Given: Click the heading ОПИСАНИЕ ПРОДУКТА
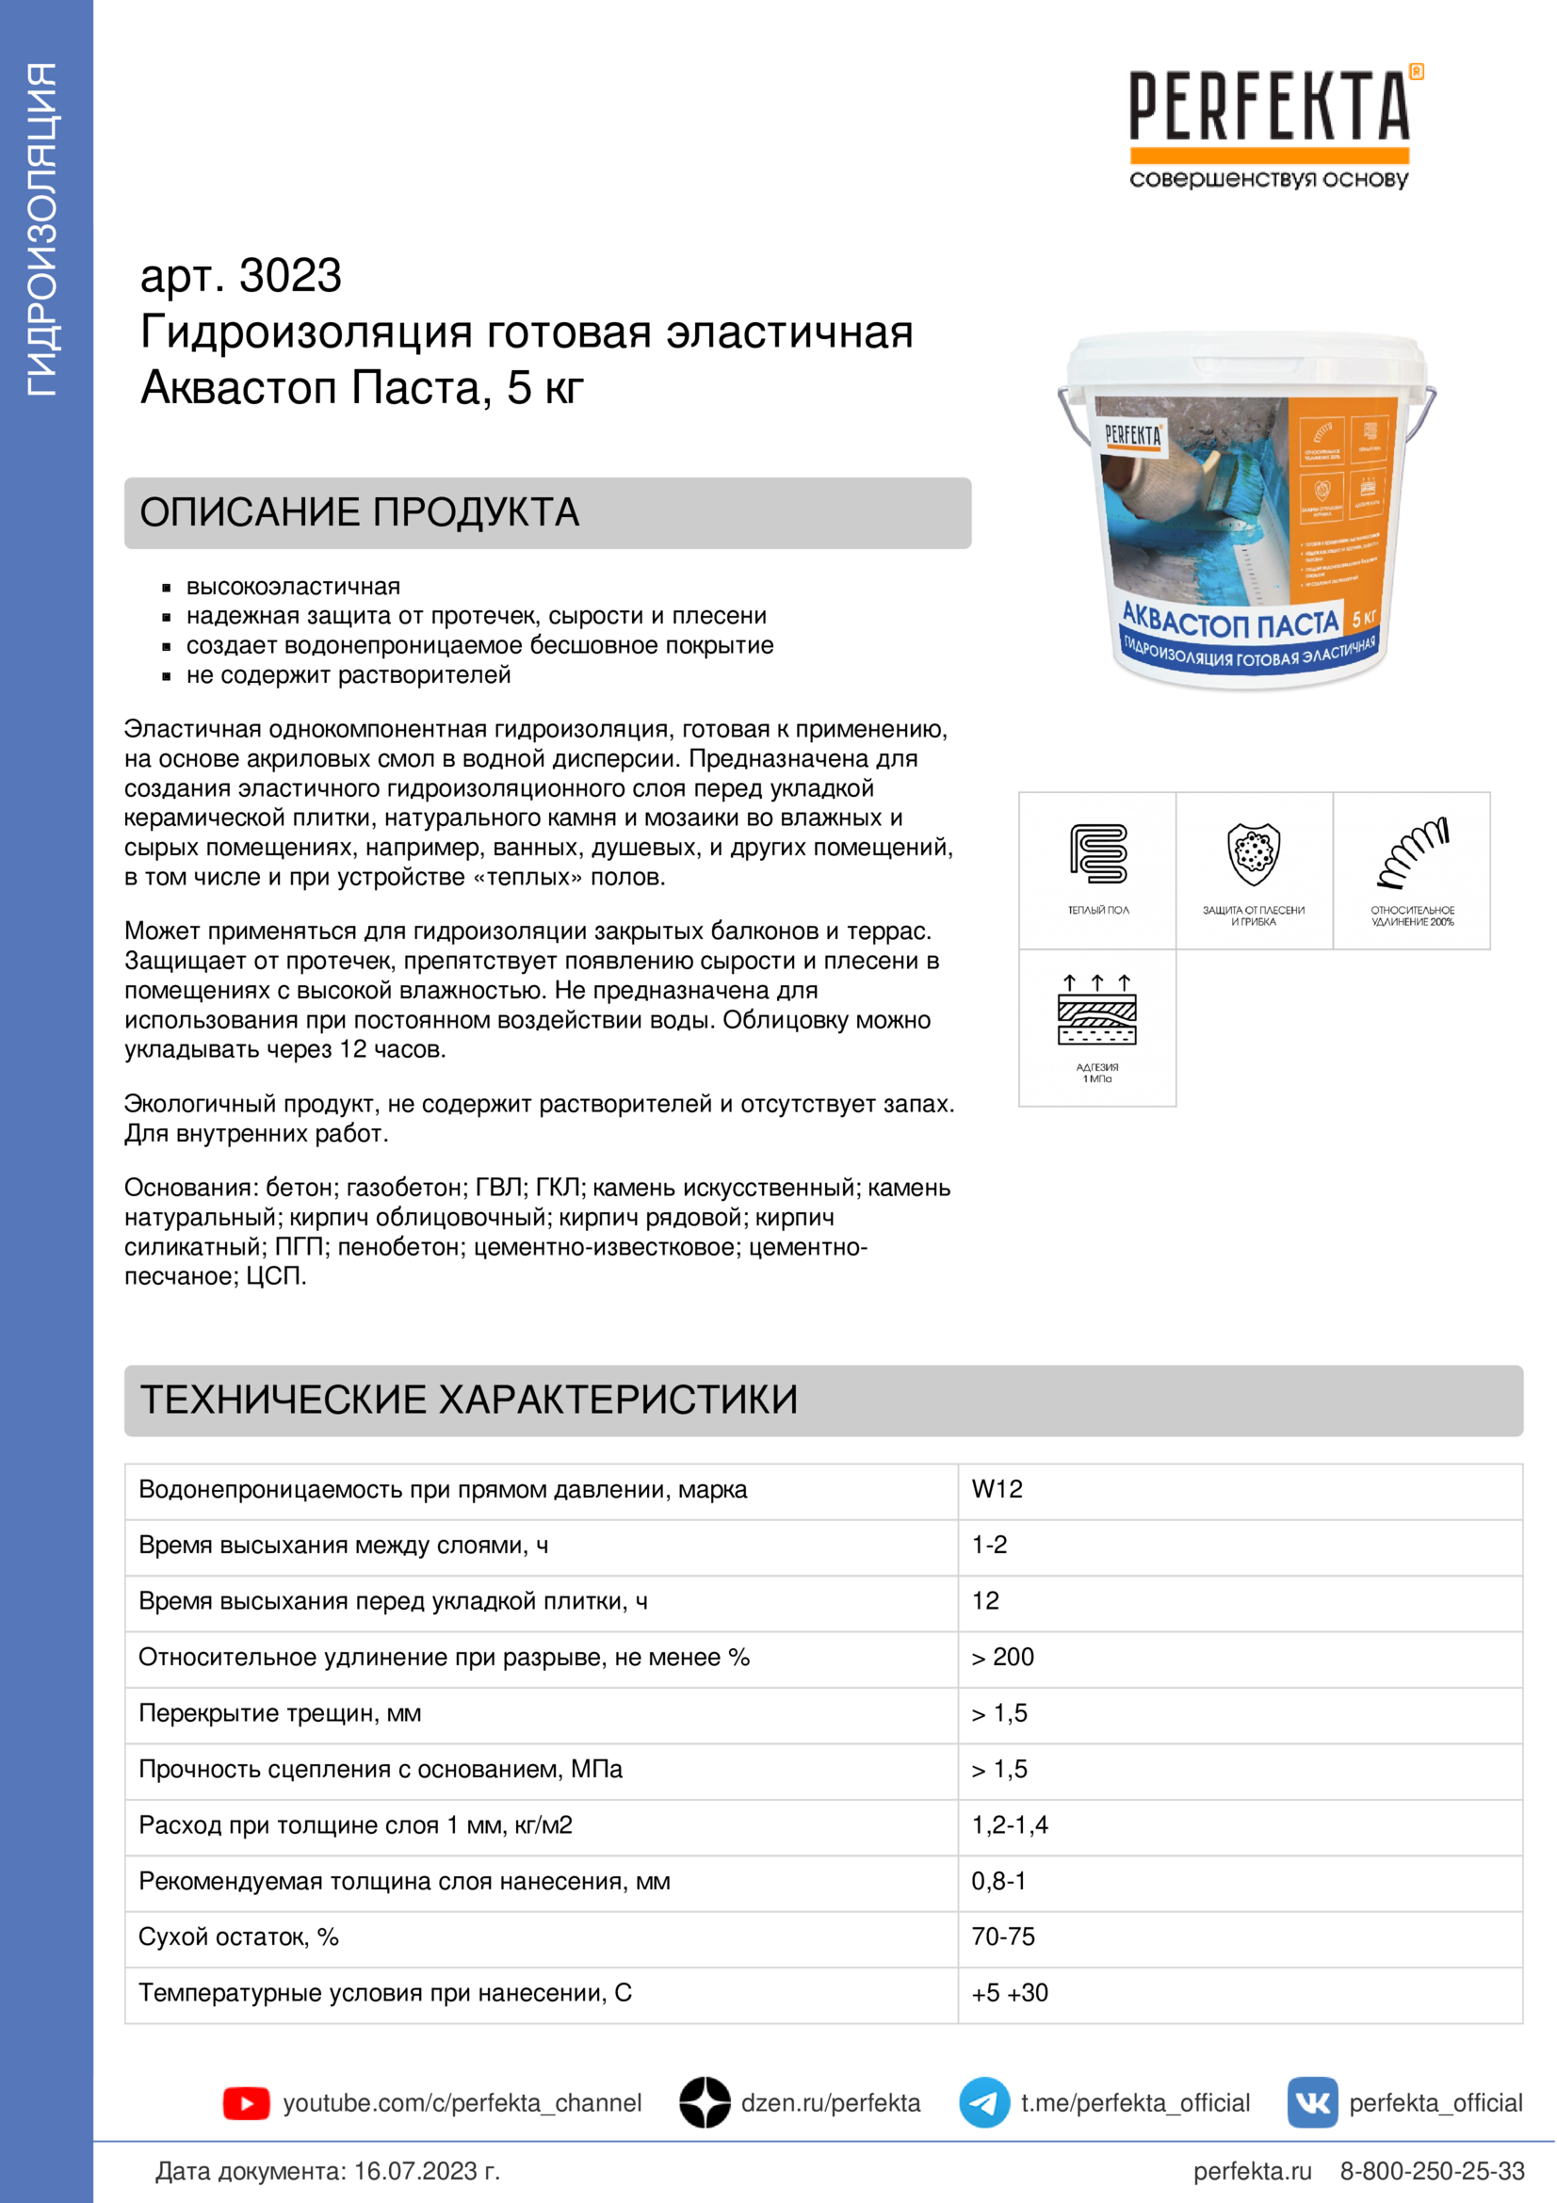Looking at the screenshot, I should pos(360,512).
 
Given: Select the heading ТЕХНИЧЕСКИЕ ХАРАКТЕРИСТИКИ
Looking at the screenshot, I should pos(468,1400).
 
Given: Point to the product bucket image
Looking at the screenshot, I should pos(1247,513).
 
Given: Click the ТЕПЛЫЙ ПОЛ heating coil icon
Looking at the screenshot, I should pos(1098,853).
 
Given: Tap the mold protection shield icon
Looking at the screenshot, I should pos(1254,853).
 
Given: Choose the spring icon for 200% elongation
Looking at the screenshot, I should pos(1412,853).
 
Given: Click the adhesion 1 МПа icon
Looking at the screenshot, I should pos(1096,1010).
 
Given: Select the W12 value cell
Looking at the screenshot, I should pos(997,1489).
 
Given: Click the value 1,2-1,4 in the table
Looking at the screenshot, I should pos(1009,1825).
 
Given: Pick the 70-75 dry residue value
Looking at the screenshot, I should pos(1002,1936).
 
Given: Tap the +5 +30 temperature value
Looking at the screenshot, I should pos(1009,1993).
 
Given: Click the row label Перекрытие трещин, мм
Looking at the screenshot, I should pos(280,1712).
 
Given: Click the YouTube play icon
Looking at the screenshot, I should pos(247,2103).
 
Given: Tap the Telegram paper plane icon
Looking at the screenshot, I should pos(984,2103).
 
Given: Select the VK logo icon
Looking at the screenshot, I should pos(1312,2103).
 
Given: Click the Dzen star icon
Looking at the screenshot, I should pos(706,2103).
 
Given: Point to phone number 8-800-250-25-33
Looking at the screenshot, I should pos(1432,2170).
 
